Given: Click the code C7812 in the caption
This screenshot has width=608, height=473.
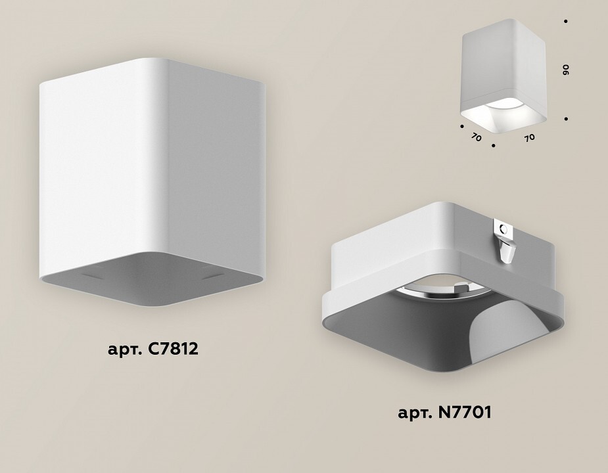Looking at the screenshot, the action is click(x=173, y=349).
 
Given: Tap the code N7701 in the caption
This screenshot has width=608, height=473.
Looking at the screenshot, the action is click(x=464, y=413).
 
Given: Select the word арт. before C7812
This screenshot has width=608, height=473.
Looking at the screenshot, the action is click(x=126, y=350).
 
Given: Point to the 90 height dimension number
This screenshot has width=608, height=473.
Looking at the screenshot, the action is click(x=566, y=70).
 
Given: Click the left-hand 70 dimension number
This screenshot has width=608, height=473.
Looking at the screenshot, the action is click(x=476, y=137).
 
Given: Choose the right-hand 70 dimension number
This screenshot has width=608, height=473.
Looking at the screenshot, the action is click(x=529, y=138).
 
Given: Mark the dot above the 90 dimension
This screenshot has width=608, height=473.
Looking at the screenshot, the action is click(x=566, y=21).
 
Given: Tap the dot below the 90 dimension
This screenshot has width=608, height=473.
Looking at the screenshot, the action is click(x=567, y=119).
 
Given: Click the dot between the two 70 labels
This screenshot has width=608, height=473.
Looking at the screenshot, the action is click(x=493, y=146).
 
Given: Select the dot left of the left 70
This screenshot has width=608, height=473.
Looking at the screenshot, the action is click(x=462, y=126).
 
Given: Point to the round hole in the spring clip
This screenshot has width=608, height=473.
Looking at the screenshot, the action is click(x=503, y=229).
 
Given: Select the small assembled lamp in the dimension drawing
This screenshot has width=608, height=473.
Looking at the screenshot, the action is click(x=503, y=70).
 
